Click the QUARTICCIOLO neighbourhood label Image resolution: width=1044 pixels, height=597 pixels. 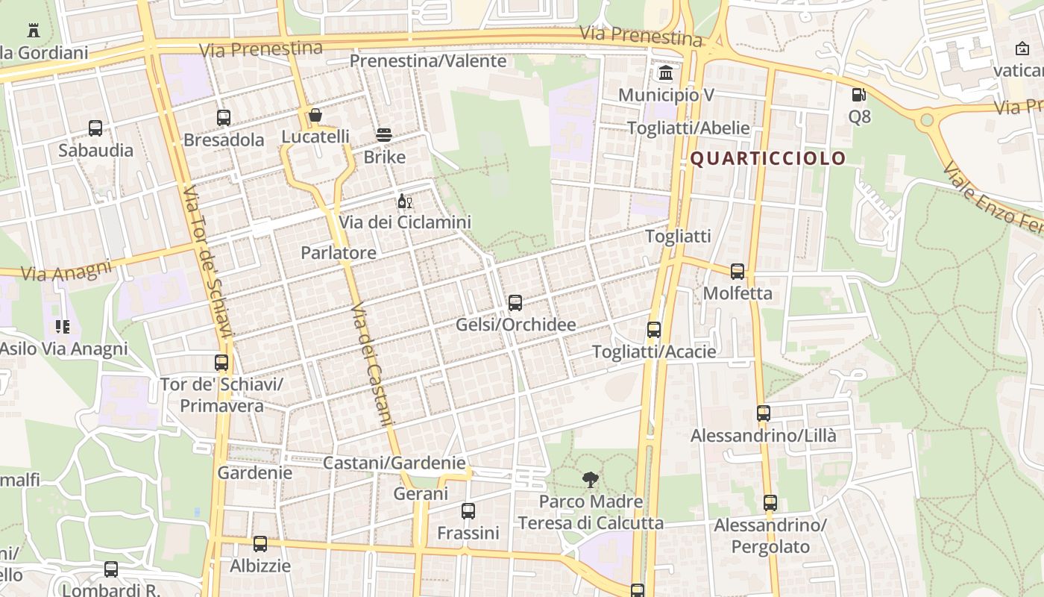[768, 158]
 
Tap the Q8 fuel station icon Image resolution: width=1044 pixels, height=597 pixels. [859, 95]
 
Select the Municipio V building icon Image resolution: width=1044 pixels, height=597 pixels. [666, 73]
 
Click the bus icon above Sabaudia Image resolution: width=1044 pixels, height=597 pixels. [95, 128]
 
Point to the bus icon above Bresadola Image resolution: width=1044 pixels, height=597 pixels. [224, 118]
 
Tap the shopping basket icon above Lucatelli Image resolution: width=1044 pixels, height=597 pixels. [315, 115]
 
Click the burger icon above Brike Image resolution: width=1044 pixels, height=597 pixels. [384, 135]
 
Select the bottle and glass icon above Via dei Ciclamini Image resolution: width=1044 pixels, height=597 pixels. [405, 201]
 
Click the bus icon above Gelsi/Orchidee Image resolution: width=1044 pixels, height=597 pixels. [515, 303]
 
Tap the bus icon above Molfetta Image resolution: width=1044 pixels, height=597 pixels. [738, 272]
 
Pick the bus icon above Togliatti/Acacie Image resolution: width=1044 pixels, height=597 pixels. [654, 330]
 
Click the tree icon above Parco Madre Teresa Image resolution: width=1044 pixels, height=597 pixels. [591, 480]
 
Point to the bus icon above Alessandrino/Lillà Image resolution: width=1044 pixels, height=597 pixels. [764, 413]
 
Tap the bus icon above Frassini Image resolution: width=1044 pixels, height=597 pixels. [468, 511]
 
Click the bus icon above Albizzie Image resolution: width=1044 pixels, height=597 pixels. [260, 544]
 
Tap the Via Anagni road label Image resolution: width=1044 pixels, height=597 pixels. [66, 270]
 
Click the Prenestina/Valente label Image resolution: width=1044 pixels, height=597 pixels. [428, 61]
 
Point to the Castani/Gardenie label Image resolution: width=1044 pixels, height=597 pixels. [394, 463]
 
